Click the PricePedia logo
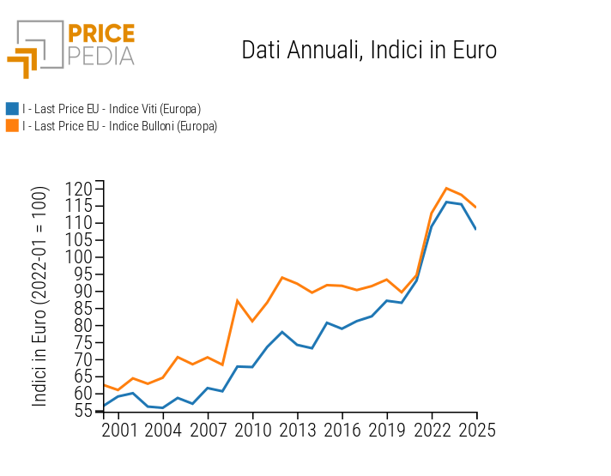tap(70, 48)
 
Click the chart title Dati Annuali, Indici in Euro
tap(369, 50)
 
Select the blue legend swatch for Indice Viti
tap(12, 109)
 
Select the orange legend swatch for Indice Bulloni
tap(12, 126)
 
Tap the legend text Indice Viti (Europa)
tap(112, 109)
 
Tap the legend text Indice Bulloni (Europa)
tap(119, 126)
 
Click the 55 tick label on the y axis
tap(84, 411)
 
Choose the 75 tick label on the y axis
tap(84, 342)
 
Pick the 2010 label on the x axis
tap(252, 431)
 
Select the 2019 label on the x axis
tap(386, 431)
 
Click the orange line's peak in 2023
tap(446, 188)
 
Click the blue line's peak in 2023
tap(446, 202)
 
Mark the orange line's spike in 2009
tap(238, 300)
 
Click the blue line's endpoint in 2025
tap(475, 229)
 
